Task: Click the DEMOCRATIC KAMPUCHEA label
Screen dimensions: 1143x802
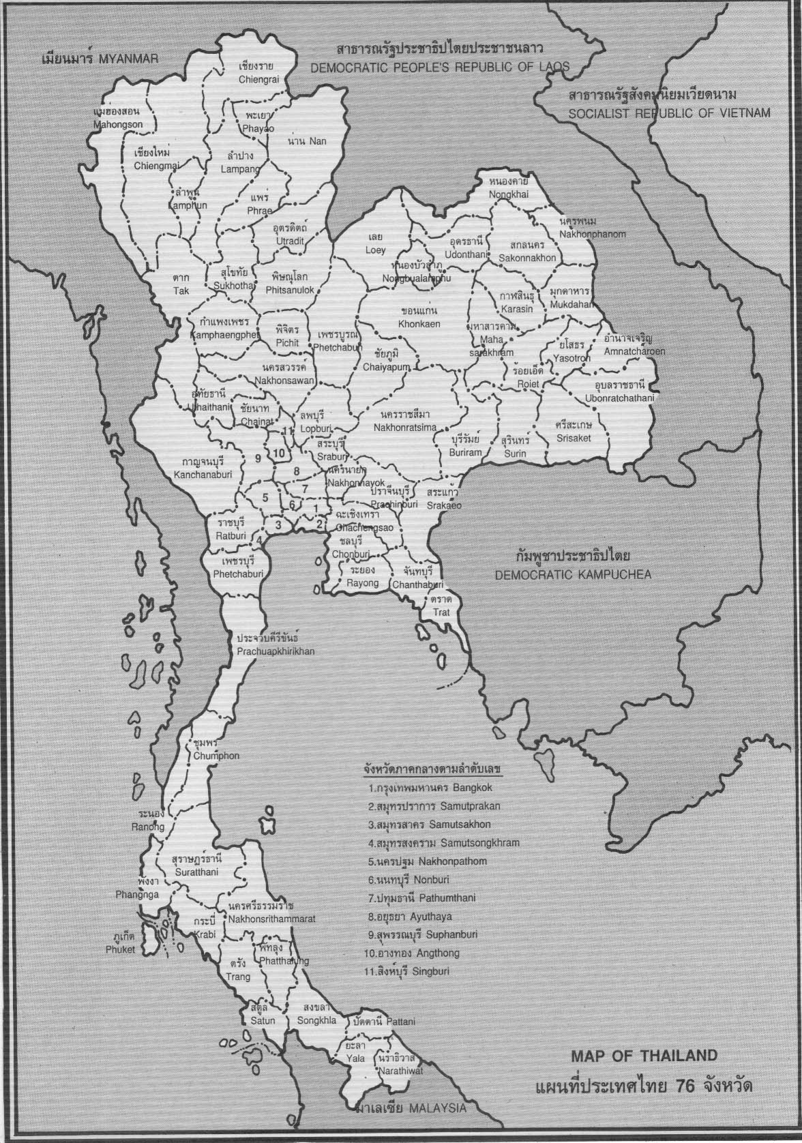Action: (573, 574)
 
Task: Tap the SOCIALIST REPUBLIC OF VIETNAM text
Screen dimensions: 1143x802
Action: (670, 113)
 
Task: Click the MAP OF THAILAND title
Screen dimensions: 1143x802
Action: (644, 1056)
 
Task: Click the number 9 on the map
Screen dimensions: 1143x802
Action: (258, 458)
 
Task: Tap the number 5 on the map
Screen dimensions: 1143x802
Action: (265, 497)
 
